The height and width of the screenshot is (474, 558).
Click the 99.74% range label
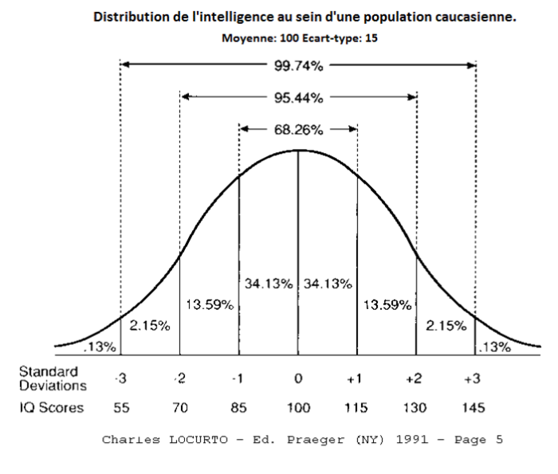point(298,67)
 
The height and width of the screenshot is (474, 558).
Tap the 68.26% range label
point(298,128)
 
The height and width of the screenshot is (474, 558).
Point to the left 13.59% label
point(209,305)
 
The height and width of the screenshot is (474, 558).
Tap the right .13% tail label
point(495,347)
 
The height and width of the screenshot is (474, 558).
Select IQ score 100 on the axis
point(298,407)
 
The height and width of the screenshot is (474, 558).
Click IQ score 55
point(120,407)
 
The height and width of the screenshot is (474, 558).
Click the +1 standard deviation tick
point(356,379)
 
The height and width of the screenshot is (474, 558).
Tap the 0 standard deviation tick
point(298,379)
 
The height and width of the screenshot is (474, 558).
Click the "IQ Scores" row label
point(50,407)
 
